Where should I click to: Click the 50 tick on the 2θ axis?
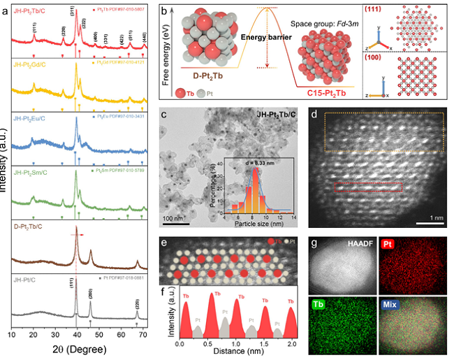click(x=97, y=336)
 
